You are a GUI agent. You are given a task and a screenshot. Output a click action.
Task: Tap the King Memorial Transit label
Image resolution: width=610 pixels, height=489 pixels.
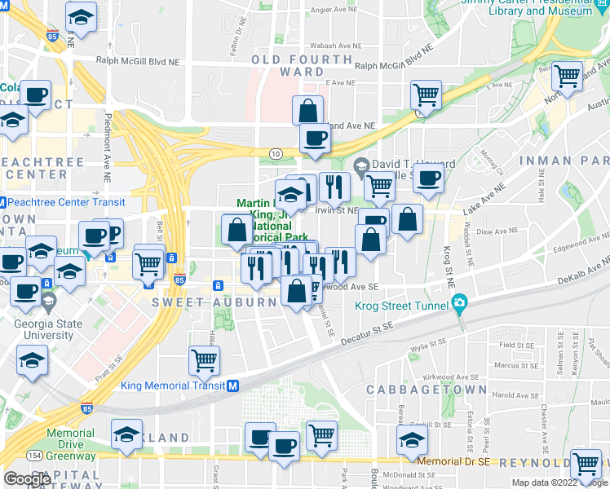tap(173, 385)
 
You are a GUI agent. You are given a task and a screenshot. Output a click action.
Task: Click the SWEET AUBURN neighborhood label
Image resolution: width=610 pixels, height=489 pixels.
tap(214, 302)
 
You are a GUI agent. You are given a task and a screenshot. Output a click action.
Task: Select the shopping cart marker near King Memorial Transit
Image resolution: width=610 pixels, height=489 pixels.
tap(204, 359)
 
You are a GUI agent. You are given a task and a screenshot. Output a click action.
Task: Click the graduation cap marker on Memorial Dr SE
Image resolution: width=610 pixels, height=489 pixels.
tap(412, 441)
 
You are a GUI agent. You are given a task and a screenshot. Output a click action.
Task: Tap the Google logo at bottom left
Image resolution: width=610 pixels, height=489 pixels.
tap(27, 479)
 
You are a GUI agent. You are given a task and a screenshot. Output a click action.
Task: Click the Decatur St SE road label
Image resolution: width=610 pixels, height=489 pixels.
tap(368, 329)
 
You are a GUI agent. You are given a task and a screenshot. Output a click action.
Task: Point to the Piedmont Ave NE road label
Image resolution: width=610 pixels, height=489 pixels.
tap(107, 148)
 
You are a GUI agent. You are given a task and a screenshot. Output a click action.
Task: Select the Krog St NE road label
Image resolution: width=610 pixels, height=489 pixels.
tap(448, 266)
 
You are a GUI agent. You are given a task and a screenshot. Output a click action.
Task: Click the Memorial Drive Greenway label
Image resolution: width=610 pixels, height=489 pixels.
tap(70, 439)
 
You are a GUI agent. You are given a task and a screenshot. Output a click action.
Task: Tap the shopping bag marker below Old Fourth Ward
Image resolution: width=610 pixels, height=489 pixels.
tap(308, 110)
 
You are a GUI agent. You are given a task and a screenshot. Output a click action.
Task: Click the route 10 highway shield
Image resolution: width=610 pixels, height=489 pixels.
tap(276, 152)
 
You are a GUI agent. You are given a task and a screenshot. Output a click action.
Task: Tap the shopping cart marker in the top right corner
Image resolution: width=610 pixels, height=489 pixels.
tap(566, 77)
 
